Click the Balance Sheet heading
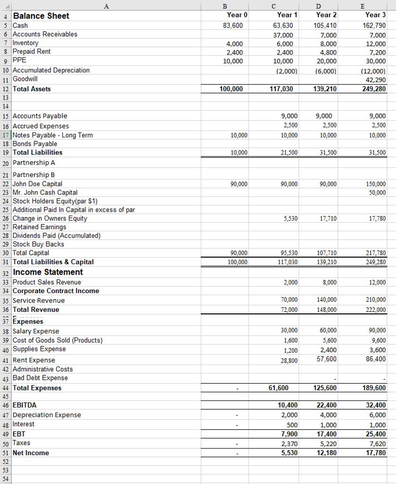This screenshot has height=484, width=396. tap(41, 16)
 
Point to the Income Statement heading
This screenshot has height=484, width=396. tap(48, 272)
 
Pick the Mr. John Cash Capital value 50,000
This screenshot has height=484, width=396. tap(376, 192)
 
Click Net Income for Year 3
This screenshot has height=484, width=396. tap(376, 453)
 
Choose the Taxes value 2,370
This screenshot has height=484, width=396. tap(290, 443)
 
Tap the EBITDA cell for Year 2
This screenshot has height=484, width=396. tap(327, 405)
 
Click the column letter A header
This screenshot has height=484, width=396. tap(106, 5)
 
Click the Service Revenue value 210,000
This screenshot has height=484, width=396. tap(376, 300)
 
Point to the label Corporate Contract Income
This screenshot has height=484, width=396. tap(56, 291)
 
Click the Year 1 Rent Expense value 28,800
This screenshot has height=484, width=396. tap(289, 360)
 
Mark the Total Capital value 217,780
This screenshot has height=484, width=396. tap(376, 253)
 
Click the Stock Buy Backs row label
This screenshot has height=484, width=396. tap(38, 244)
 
